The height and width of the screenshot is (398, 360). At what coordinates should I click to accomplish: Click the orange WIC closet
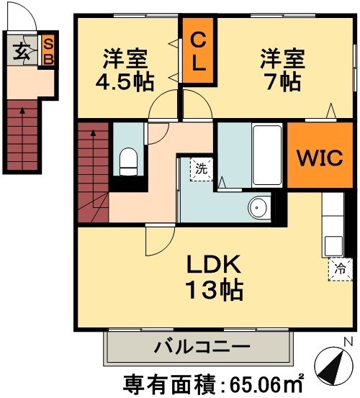point(316,158)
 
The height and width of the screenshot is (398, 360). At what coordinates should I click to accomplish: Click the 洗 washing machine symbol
point(202,169)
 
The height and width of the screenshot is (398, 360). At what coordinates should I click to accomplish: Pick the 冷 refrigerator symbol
point(340,268)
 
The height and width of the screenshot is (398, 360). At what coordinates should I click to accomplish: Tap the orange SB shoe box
point(48,51)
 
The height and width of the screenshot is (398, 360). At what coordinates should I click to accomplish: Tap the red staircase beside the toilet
point(91,173)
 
